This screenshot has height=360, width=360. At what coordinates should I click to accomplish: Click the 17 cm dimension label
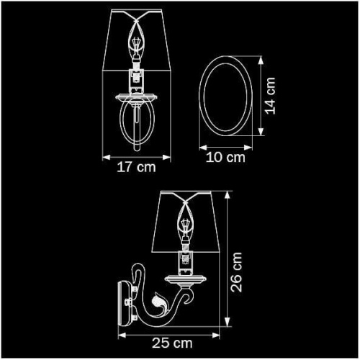tap(136, 168)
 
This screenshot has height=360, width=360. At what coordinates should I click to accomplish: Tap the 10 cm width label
tap(226, 157)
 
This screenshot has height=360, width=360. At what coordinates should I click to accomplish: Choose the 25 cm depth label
tap(171, 345)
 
